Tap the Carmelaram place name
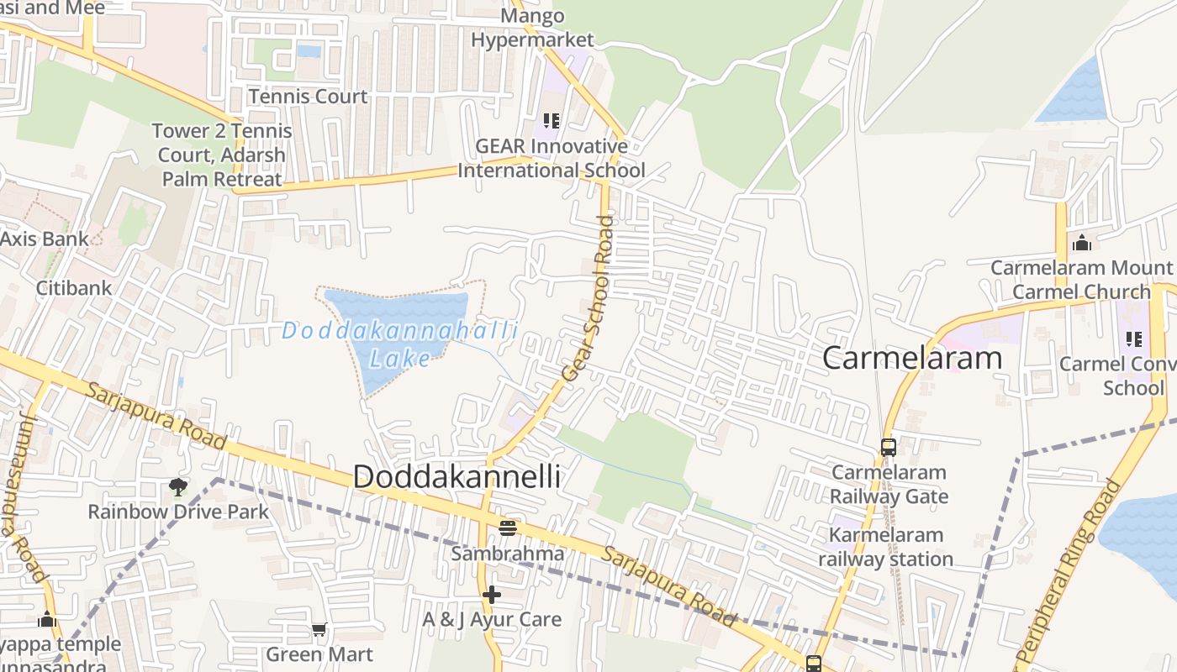tap(912, 358)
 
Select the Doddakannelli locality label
tap(457, 477)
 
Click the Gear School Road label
tap(589, 298)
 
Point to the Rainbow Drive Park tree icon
tap(177, 486)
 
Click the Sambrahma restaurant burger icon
tap(507, 528)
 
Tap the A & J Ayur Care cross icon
tap(492, 595)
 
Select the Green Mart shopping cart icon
tap(319, 629)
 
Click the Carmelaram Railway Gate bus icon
tap(889, 447)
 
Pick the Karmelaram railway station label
tap(886, 547)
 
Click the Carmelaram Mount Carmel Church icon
tap(1081, 243)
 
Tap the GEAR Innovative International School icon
tap(552, 121)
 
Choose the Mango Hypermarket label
tap(532, 28)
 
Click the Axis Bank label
tap(44, 239)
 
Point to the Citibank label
tap(74, 288)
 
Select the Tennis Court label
tap(308, 97)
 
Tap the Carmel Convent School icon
tap(1133, 339)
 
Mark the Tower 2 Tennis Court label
tap(222, 155)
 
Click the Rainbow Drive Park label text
tap(178, 512)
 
